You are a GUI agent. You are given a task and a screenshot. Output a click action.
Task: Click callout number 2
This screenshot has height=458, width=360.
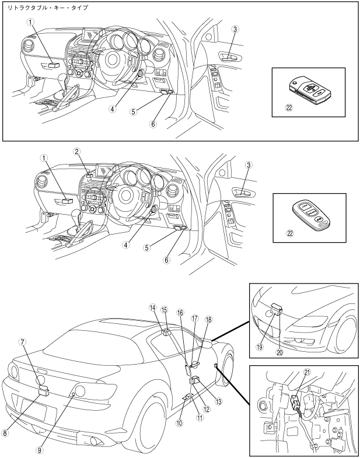tap(76, 152)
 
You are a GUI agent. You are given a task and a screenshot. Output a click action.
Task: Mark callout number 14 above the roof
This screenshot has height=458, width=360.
tap(153, 307)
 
